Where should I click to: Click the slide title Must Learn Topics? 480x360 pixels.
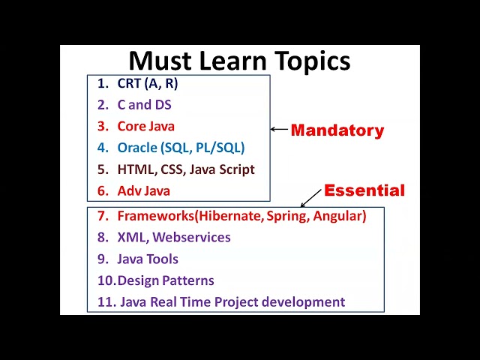click(x=239, y=61)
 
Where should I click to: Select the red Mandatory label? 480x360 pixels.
click(x=337, y=130)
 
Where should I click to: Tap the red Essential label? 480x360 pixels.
click(x=364, y=190)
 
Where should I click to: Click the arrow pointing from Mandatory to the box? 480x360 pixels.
click(x=279, y=130)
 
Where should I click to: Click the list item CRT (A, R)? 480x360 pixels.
click(x=147, y=83)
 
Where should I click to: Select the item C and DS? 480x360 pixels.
click(x=144, y=105)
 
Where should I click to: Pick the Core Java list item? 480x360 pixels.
click(x=145, y=126)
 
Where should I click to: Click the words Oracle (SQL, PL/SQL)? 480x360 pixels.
click(x=181, y=148)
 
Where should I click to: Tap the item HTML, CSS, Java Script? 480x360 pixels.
click(x=186, y=169)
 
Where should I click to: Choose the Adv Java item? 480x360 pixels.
click(x=143, y=190)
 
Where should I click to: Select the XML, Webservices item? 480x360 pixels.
click(x=173, y=237)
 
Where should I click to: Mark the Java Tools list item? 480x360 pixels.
click(x=148, y=259)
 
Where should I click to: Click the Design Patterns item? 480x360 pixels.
click(x=166, y=280)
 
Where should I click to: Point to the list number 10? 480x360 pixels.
click(x=106, y=280)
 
